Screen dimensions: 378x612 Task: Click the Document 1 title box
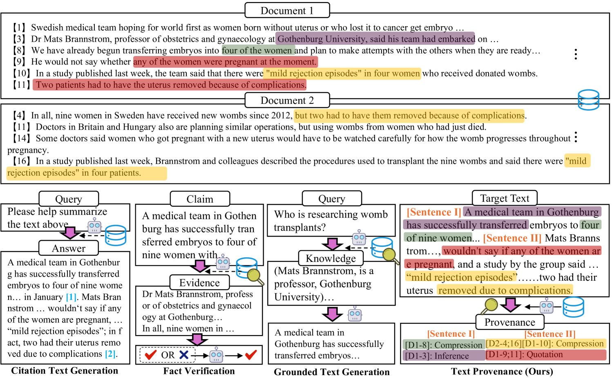287,11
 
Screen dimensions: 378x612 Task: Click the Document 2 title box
287,101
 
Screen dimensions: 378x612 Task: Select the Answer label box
69,248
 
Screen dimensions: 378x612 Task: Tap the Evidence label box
199,283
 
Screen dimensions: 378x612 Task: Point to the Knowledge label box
331,259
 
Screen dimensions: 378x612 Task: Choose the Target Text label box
505,199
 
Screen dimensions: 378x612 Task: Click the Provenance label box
509,322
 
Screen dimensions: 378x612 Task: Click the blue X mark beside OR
184,355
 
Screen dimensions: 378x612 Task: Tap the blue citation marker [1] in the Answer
71,297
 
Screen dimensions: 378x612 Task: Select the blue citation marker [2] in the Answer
110,354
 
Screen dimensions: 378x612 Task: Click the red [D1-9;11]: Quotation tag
545,355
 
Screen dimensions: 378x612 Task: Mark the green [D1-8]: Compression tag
444,345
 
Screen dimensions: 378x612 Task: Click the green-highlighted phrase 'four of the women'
257,50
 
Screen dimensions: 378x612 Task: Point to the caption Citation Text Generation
65,371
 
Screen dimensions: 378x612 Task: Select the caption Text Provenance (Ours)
502,371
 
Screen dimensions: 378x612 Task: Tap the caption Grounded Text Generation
332,372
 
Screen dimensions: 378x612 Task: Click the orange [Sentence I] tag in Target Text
434,212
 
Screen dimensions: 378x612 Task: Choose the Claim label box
200,199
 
